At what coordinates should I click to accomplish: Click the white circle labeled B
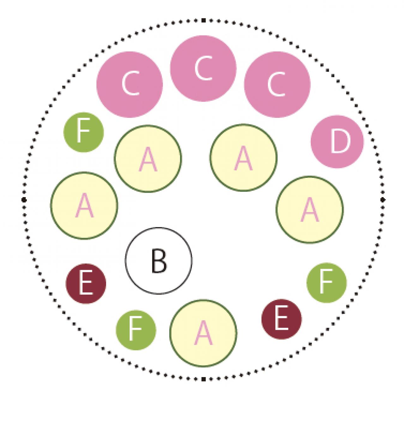click(159, 261)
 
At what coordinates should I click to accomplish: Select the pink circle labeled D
click(337, 141)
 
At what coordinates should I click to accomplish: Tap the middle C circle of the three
click(203, 69)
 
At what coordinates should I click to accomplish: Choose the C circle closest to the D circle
click(277, 84)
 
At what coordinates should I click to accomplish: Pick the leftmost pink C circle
click(130, 84)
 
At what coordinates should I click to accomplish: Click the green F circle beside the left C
click(84, 132)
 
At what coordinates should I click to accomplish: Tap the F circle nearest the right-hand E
click(327, 282)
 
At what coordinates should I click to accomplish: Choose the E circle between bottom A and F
click(281, 319)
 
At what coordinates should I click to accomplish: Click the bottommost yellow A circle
click(203, 333)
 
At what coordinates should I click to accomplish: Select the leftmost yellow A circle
click(84, 205)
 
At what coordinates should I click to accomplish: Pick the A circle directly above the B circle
click(148, 158)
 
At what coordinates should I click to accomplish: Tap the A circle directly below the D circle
click(310, 209)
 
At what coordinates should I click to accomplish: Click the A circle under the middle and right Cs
click(243, 158)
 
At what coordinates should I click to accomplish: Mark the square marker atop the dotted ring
click(203, 21)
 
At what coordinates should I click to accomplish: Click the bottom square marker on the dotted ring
click(203, 379)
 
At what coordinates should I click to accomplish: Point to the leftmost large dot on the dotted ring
click(24, 200)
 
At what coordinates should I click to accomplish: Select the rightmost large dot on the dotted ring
click(383, 200)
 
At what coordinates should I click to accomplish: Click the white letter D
click(340, 141)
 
